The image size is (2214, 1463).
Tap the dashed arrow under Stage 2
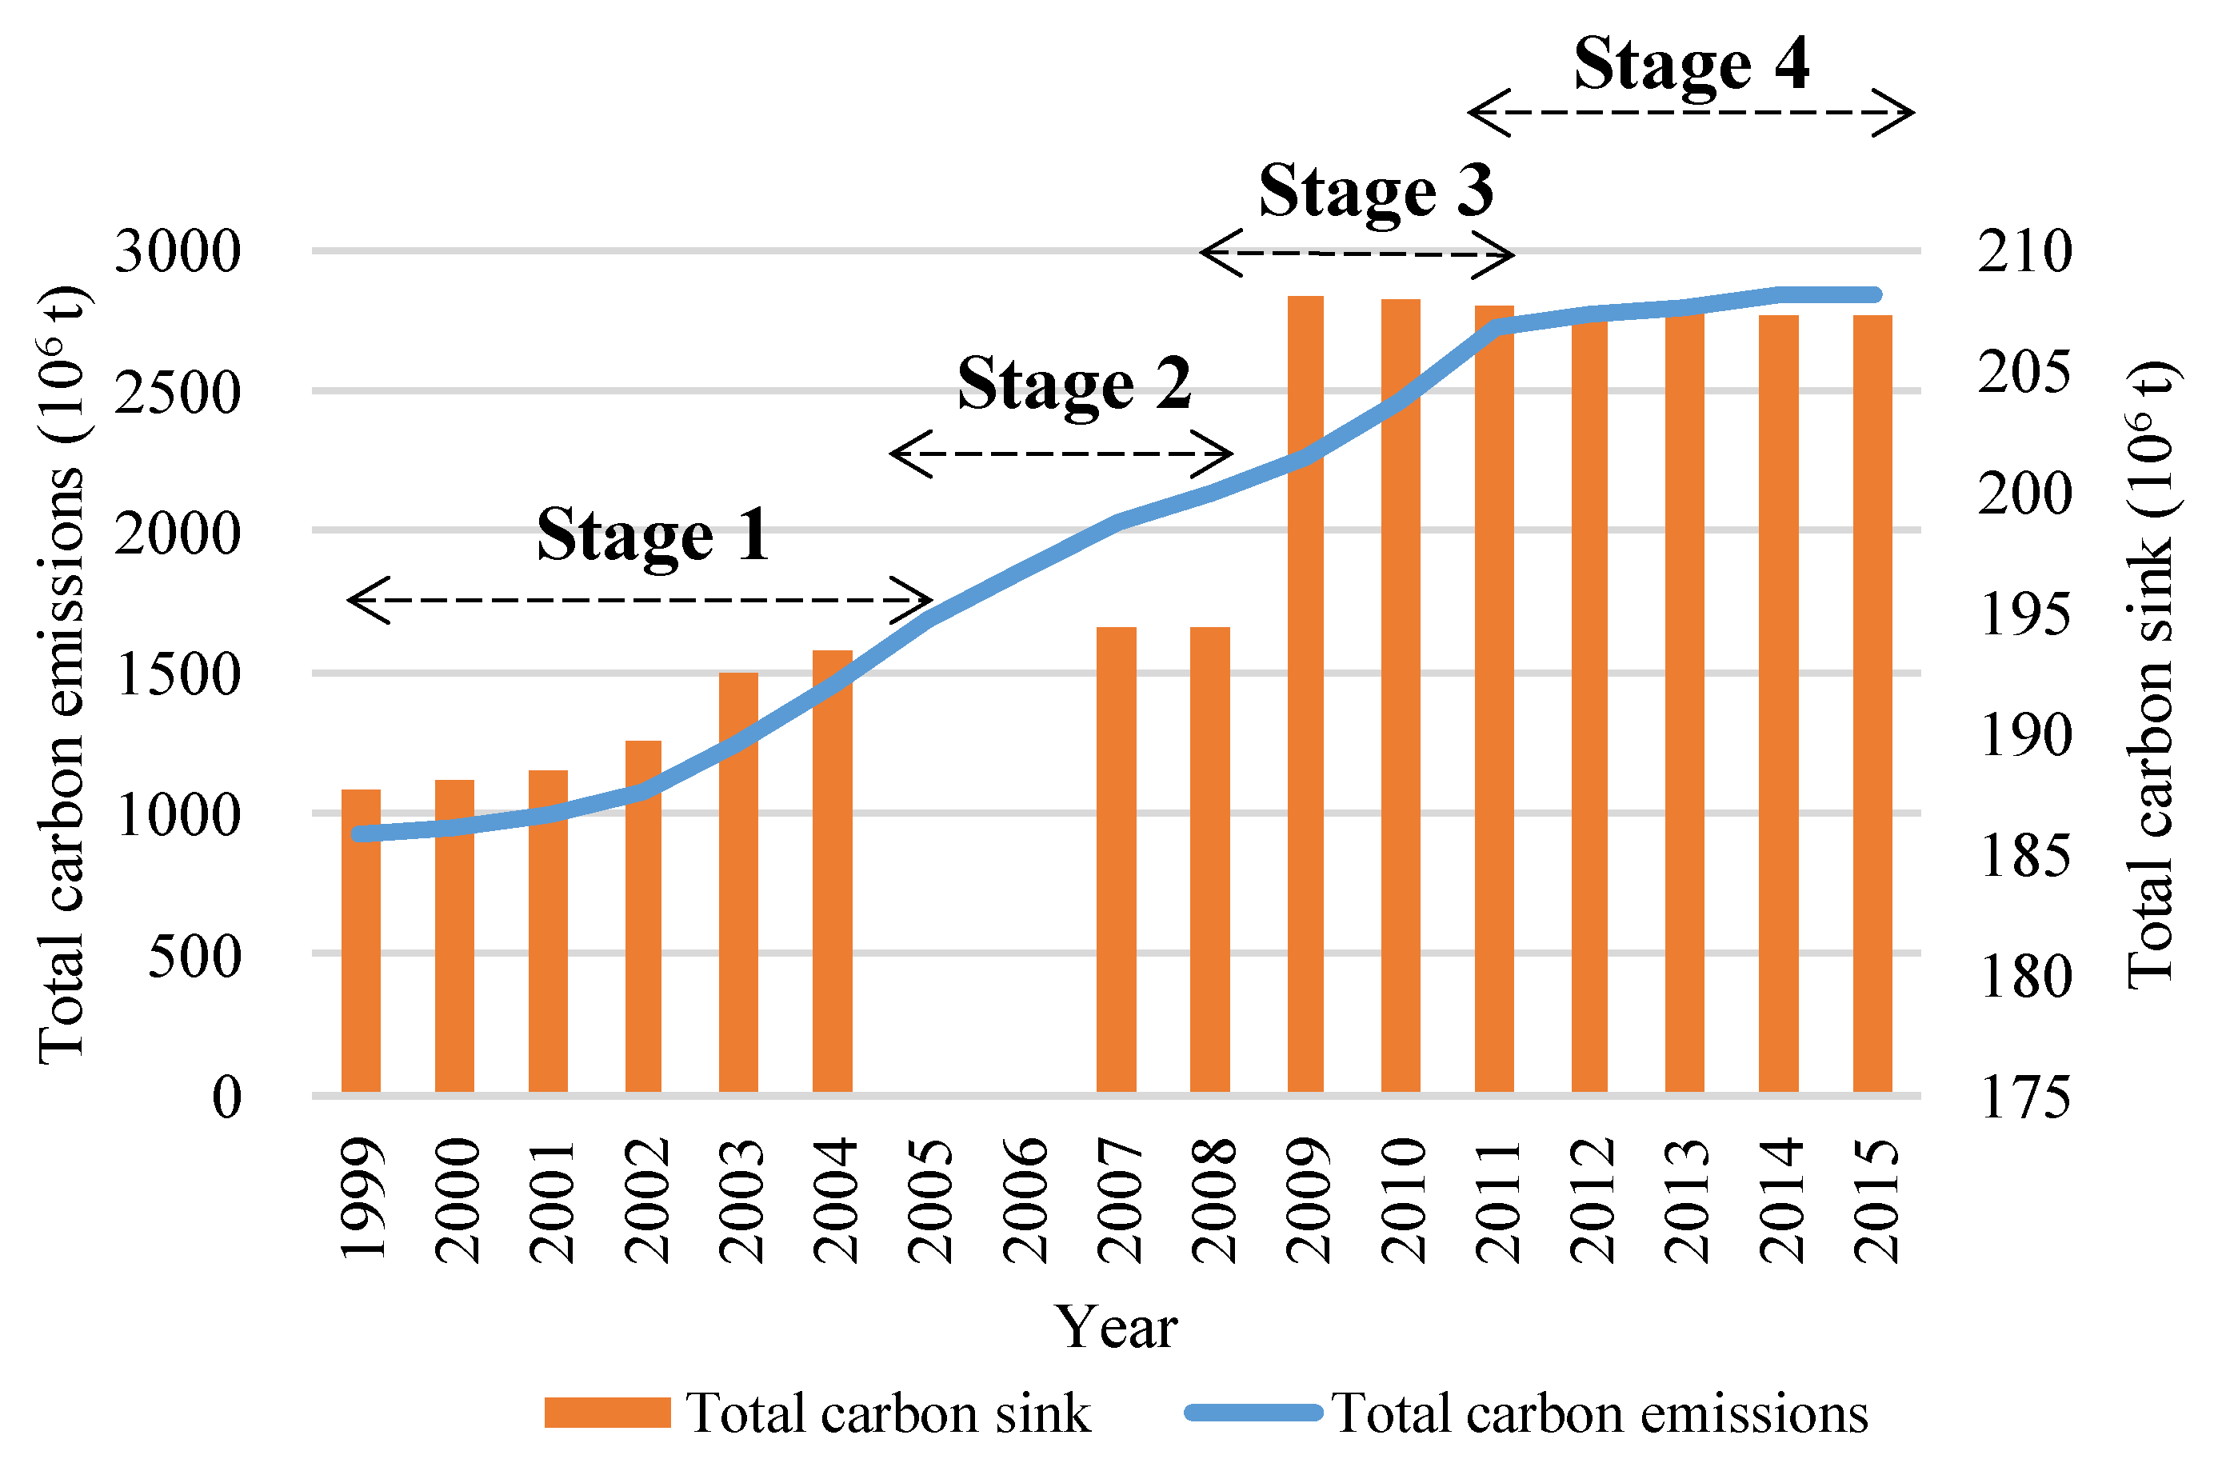(x=1061, y=454)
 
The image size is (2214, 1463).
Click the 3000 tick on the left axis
(x=178, y=252)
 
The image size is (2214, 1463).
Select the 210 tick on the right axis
(x=2024, y=252)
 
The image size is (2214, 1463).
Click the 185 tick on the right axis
(x=2024, y=857)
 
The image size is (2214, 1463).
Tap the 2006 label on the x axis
(x=1025, y=1201)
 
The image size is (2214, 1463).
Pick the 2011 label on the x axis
(x=1497, y=1201)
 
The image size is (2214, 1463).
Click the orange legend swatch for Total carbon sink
(x=607, y=1413)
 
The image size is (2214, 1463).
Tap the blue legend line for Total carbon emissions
(x=1253, y=1412)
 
